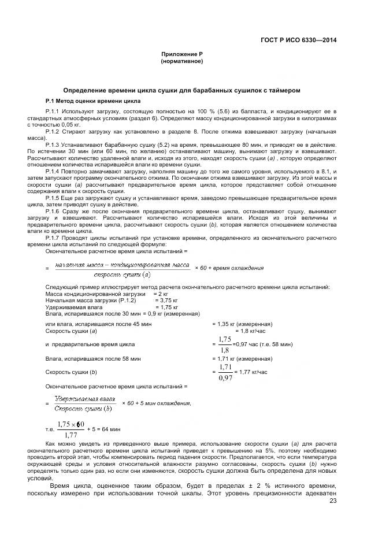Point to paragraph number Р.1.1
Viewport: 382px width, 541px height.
tap(53, 110)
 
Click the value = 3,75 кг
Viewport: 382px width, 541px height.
tap(166, 301)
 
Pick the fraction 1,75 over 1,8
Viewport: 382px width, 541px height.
tap(225, 344)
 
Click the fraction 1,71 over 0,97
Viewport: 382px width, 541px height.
tap(225, 372)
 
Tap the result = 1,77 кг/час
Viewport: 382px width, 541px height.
tap(252, 373)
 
